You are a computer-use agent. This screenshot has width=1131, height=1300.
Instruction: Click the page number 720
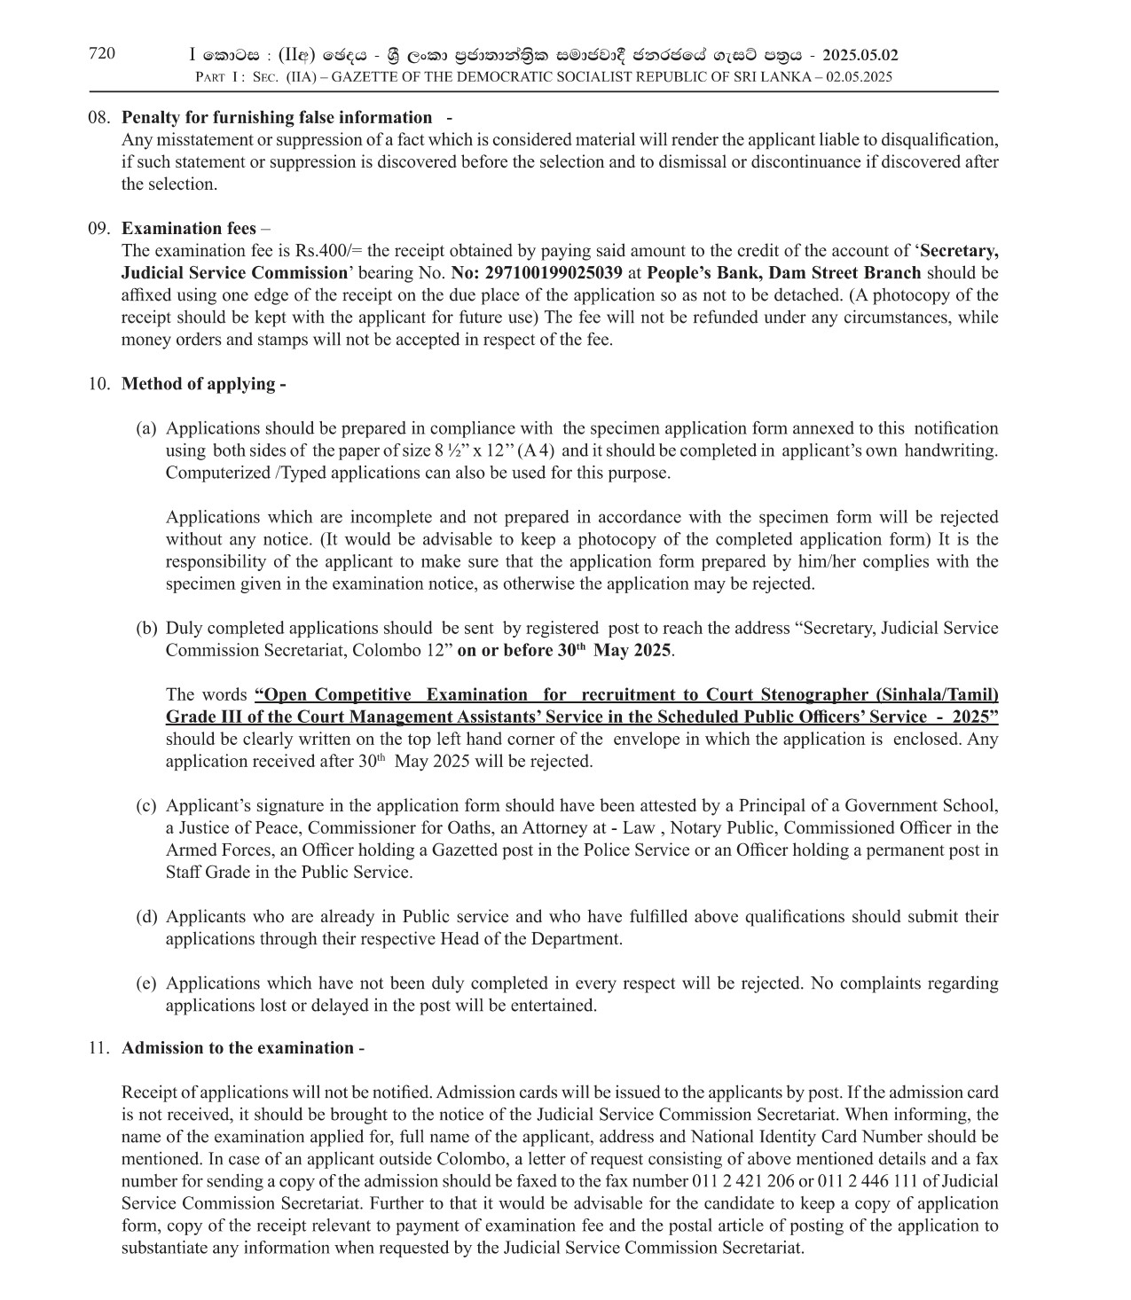pos(102,54)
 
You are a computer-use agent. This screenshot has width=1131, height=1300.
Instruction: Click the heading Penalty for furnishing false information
pos(277,118)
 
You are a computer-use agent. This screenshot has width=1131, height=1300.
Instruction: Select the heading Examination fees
pos(188,229)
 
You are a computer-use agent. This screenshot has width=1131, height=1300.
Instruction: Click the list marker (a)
pos(146,428)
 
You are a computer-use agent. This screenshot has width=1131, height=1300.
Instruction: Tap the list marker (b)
pos(146,629)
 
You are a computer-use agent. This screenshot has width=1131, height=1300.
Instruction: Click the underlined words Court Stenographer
pos(793,695)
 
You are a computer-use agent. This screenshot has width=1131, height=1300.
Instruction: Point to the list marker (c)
pos(146,806)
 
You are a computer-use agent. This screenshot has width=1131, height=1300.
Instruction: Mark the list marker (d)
pos(146,917)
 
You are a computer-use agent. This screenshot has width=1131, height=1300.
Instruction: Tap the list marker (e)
pos(146,983)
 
